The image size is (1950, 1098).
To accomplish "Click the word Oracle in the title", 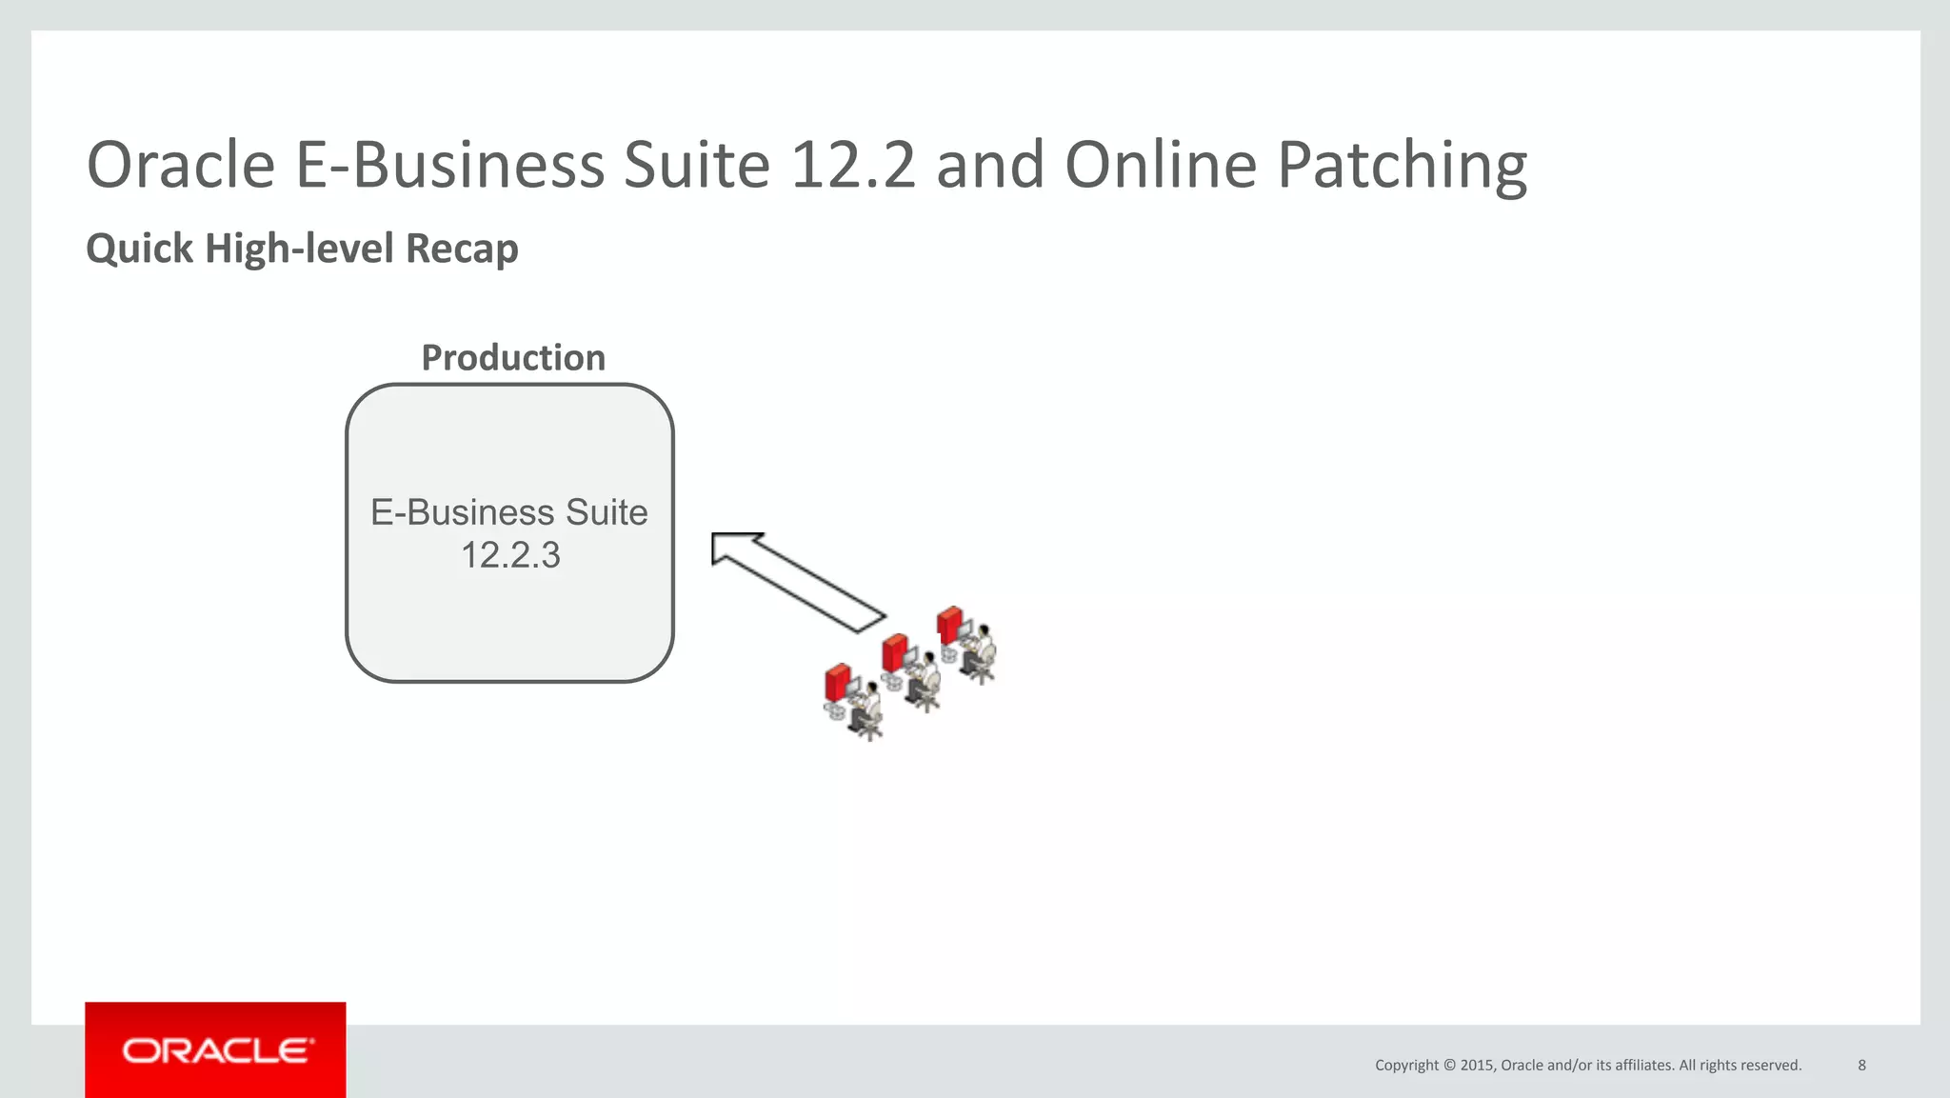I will (x=181, y=166).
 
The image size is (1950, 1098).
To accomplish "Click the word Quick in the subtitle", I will (x=140, y=250).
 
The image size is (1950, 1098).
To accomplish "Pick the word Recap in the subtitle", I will (x=462, y=250).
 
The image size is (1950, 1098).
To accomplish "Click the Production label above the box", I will (x=513, y=358).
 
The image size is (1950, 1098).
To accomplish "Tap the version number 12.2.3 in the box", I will (x=510, y=555).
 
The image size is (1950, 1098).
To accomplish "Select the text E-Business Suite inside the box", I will (x=509, y=512).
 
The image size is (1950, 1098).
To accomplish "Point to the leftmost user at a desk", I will (x=853, y=701).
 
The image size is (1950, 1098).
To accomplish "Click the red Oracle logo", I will (x=215, y=1050).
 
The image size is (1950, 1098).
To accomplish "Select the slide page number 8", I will (x=1861, y=1066).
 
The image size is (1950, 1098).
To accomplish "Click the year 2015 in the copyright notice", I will (x=1478, y=1066).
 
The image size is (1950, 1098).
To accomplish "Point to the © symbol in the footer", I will (x=1449, y=1066).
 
